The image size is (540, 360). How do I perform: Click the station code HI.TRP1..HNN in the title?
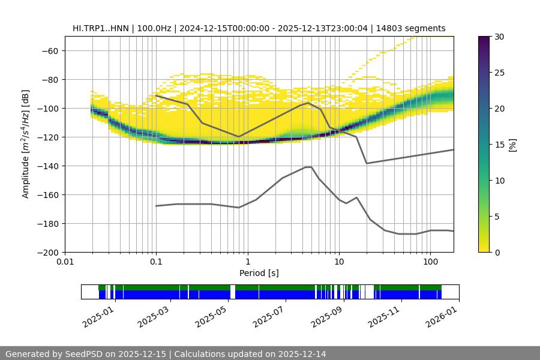click(103, 28)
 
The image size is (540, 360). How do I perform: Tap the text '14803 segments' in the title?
click(415, 28)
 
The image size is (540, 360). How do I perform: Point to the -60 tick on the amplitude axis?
click(49, 50)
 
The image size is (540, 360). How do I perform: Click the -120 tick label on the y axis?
click(47, 137)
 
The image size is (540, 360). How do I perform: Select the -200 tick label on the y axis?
click(47, 252)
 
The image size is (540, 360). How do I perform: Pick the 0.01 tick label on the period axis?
click(65, 262)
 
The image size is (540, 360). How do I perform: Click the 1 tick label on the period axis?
click(247, 262)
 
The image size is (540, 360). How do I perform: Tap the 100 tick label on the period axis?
click(430, 262)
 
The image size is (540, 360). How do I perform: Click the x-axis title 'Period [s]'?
click(259, 273)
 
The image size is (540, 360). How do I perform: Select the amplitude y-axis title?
click(26, 144)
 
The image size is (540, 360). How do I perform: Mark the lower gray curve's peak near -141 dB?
click(308, 167)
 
